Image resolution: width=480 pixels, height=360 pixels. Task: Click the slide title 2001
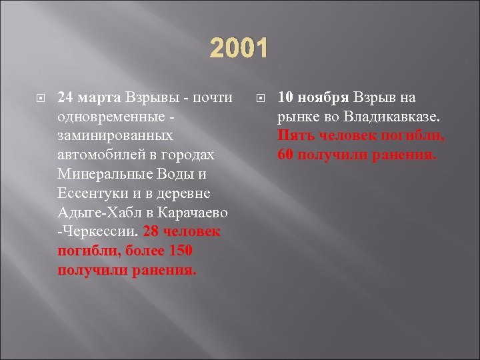pos(239,49)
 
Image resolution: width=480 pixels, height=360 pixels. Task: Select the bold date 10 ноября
pos(313,97)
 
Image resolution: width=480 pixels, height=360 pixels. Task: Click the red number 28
pos(152,233)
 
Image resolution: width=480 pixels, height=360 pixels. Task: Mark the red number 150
pos(179,252)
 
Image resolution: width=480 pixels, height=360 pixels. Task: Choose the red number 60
pos(286,155)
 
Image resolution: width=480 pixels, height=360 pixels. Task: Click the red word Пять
pos(293,136)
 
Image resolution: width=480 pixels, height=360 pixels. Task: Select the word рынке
pos(295,117)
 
